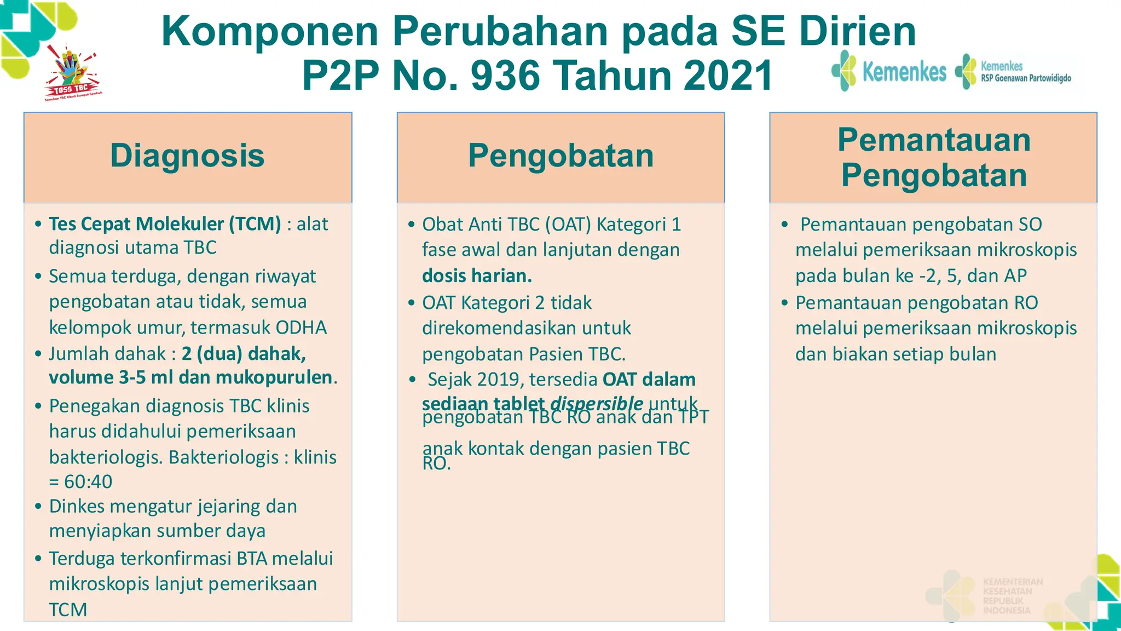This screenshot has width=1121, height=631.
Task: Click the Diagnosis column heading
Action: tap(187, 156)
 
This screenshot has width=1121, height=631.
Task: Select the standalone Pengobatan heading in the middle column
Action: tap(560, 156)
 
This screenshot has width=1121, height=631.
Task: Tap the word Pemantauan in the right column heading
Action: tap(934, 140)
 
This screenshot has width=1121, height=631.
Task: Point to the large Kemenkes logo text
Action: tap(904, 72)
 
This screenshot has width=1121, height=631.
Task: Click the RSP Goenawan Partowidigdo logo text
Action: tap(1026, 78)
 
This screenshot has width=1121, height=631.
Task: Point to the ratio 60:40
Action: tap(88, 481)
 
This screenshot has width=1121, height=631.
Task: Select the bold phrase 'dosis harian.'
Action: tap(477, 276)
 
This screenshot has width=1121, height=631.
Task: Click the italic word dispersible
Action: tap(597, 404)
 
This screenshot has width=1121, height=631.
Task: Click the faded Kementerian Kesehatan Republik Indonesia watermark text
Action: tap(1013, 596)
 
